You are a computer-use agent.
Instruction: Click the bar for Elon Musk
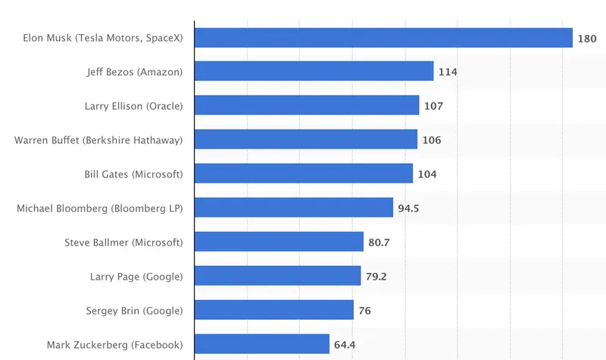point(383,37)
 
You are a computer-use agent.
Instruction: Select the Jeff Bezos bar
point(314,71)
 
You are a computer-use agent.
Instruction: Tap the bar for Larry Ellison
point(307,105)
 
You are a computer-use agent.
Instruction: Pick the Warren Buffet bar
point(306,139)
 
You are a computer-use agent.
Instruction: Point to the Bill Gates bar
point(304,174)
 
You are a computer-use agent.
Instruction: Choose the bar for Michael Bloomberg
point(294,208)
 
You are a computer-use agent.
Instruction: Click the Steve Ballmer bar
point(280,242)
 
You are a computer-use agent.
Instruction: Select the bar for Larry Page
point(278,276)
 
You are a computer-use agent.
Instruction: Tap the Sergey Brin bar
point(274,310)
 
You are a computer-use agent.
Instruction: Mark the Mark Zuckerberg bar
point(262,344)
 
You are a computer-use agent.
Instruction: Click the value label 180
point(586,38)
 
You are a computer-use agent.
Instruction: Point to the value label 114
point(447,72)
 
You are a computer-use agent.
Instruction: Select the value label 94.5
point(408,208)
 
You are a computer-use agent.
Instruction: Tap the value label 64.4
point(344,345)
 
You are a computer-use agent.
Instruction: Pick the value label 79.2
point(376,277)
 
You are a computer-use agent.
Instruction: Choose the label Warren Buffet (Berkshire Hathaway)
point(99,139)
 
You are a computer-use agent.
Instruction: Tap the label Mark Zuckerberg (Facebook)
point(115,344)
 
